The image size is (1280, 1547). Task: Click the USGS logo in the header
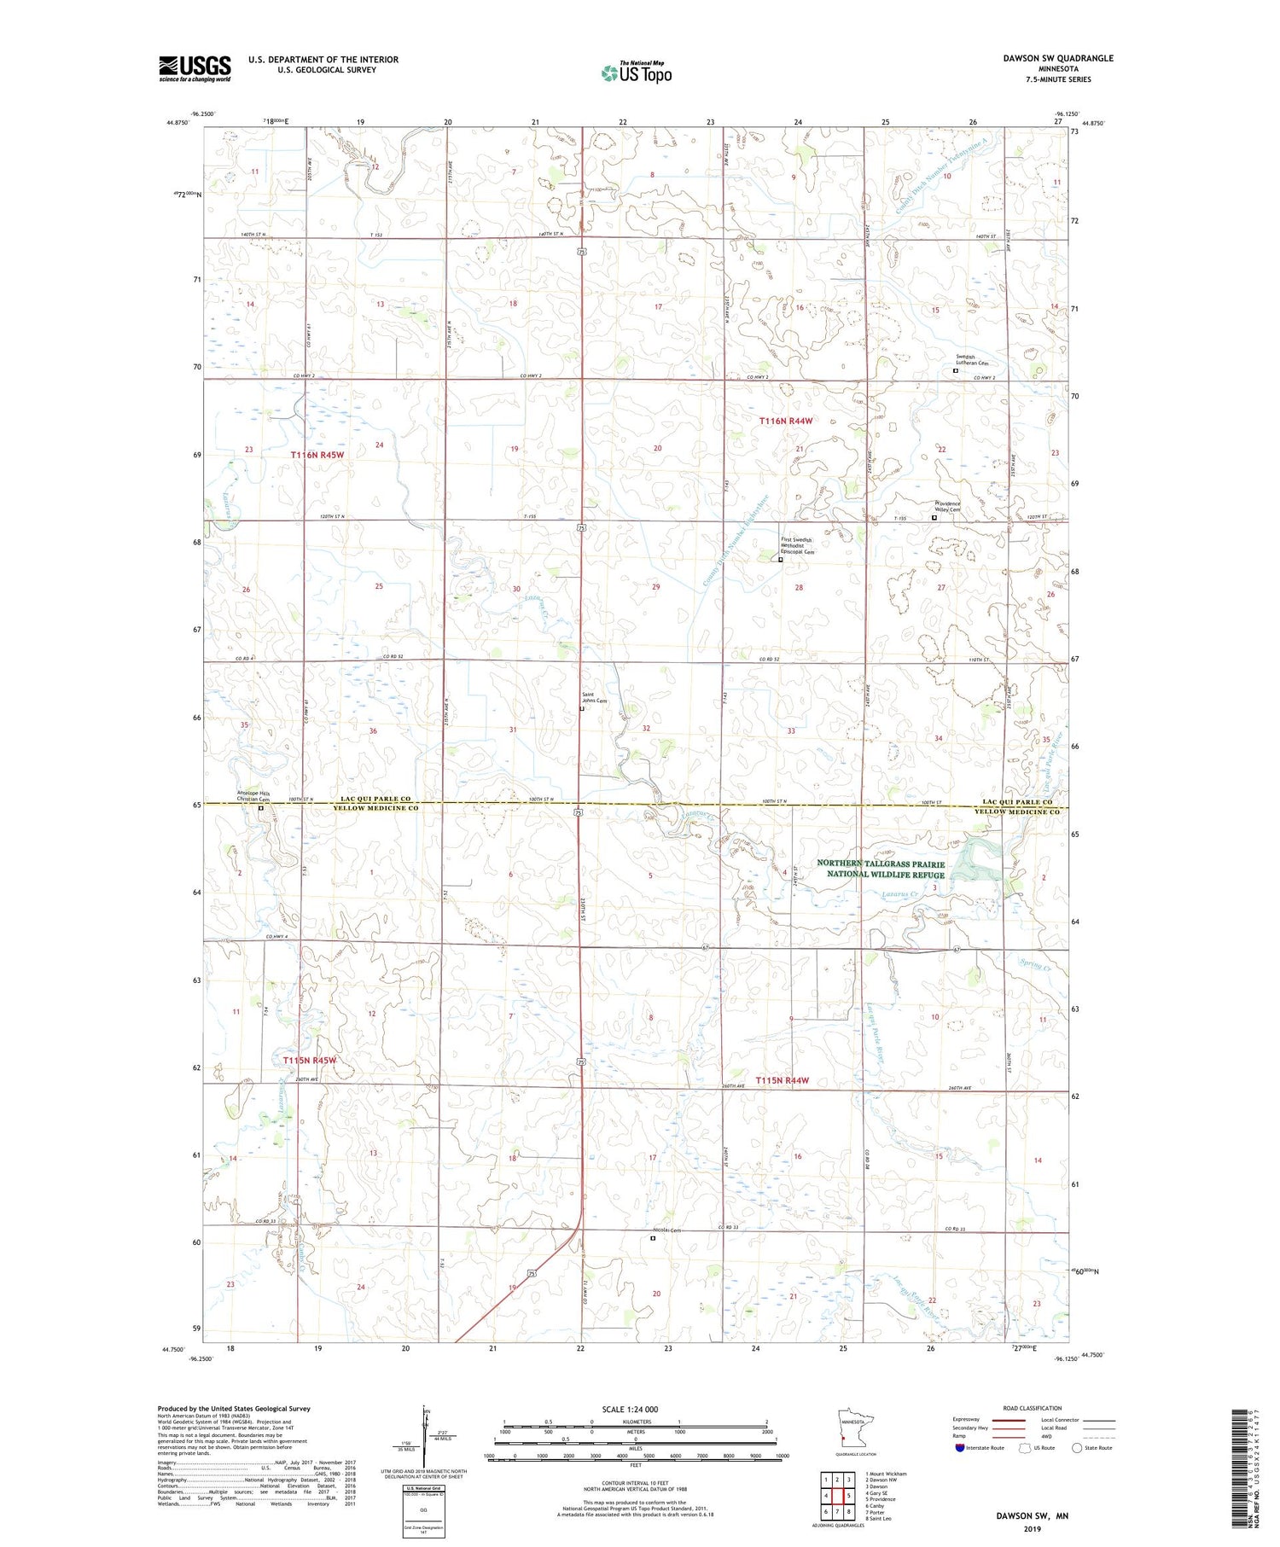point(195,68)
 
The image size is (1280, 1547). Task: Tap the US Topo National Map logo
point(636,73)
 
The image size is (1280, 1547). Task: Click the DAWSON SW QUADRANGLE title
point(1058,58)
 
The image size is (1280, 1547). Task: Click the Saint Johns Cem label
point(594,698)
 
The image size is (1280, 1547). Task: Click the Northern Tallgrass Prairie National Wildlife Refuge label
point(881,869)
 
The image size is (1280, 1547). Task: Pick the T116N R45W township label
point(317,455)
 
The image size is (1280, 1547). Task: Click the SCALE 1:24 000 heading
point(633,1409)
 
